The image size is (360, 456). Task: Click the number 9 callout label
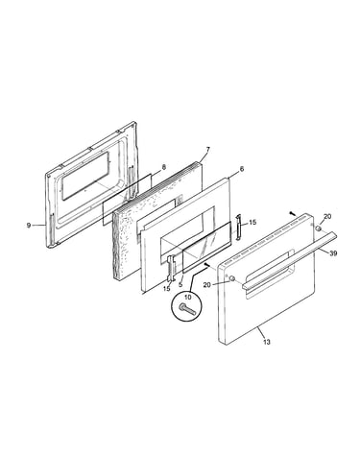(x=29, y=226)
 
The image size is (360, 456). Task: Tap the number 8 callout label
(x=164, y=167)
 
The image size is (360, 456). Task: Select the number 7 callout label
(x=208, y=150)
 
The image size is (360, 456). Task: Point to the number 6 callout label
(x=242, y=169)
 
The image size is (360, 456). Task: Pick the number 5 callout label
(x=181, y=284)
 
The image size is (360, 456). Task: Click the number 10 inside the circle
(x=188, y=298)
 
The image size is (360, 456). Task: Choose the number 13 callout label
(x=267, y=342)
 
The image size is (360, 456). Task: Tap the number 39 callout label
(x=333, y=253)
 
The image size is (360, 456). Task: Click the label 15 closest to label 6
(x=252, y=222)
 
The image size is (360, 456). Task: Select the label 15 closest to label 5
(x=167, y=289)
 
